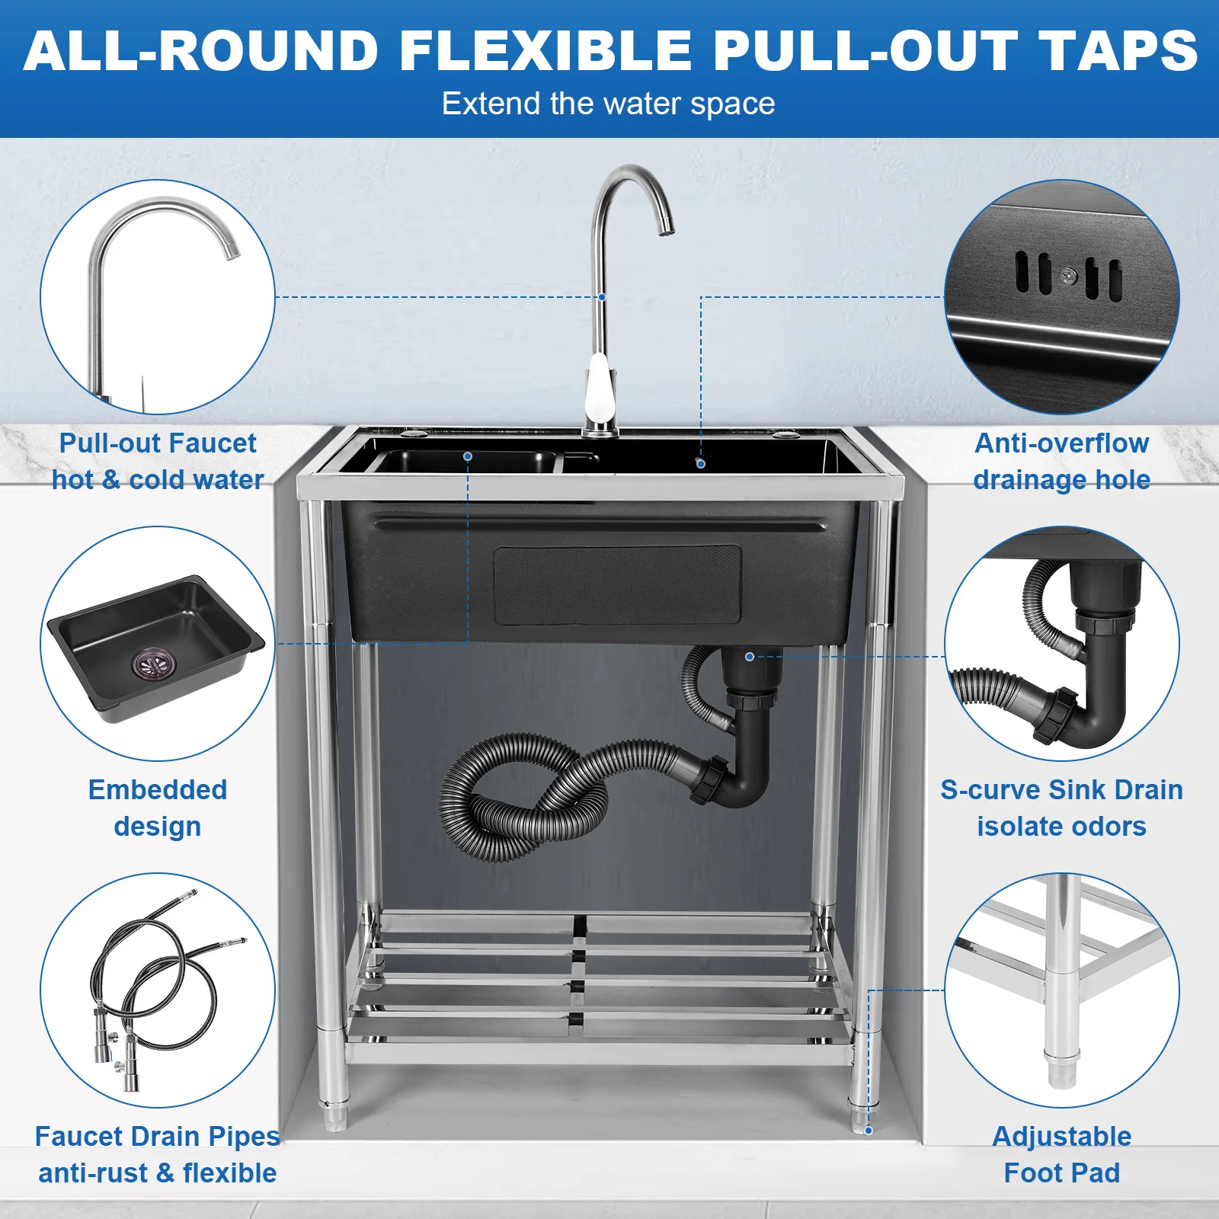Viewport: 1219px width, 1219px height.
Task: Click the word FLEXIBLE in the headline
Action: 545,52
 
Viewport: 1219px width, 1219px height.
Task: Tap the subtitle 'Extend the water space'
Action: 608,104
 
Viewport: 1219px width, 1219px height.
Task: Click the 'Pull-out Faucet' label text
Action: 158,443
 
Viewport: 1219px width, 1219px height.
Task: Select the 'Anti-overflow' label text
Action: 1061,443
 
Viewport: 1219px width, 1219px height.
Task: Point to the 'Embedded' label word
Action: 158,789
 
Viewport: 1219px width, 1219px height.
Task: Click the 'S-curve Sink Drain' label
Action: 1061,789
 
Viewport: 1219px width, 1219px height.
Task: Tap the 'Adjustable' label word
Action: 1061,1136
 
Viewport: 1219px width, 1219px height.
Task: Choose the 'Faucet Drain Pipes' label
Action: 158,1136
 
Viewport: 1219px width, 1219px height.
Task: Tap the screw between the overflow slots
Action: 1069,275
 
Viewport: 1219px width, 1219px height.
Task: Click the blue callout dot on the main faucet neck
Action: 602,297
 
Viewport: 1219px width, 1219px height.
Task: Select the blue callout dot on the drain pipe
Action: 750,657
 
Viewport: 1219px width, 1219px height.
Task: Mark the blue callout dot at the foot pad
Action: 868,1130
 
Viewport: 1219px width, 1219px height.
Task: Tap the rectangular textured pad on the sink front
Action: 617,584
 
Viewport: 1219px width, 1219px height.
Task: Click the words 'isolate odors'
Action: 1061,827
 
